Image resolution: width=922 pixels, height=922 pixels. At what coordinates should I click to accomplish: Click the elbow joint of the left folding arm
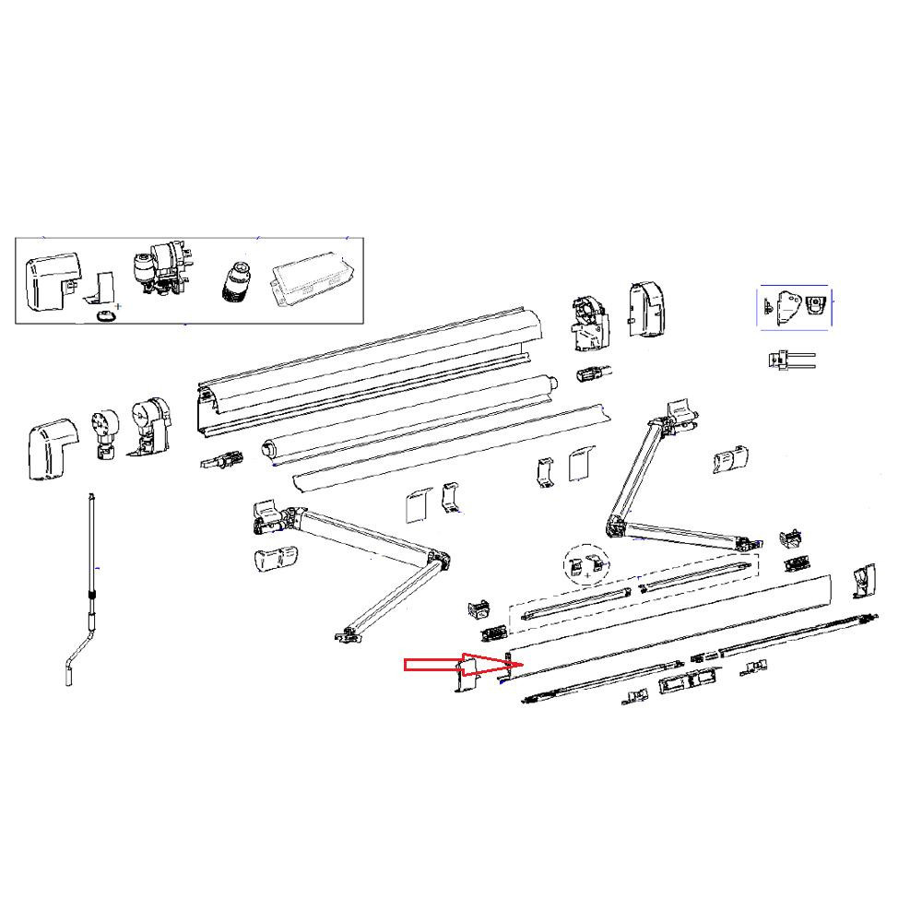pos(438,561)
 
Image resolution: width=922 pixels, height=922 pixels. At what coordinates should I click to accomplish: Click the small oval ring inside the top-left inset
pos(107,316)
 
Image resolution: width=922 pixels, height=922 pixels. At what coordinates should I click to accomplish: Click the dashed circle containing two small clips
pos(587,567)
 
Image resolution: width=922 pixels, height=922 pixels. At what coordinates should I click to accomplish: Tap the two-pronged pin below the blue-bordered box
pos(789,360)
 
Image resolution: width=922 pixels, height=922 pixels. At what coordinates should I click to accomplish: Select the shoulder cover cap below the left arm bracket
pos(274,559)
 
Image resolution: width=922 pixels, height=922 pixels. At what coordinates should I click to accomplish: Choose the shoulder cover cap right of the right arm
pos(730,458)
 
